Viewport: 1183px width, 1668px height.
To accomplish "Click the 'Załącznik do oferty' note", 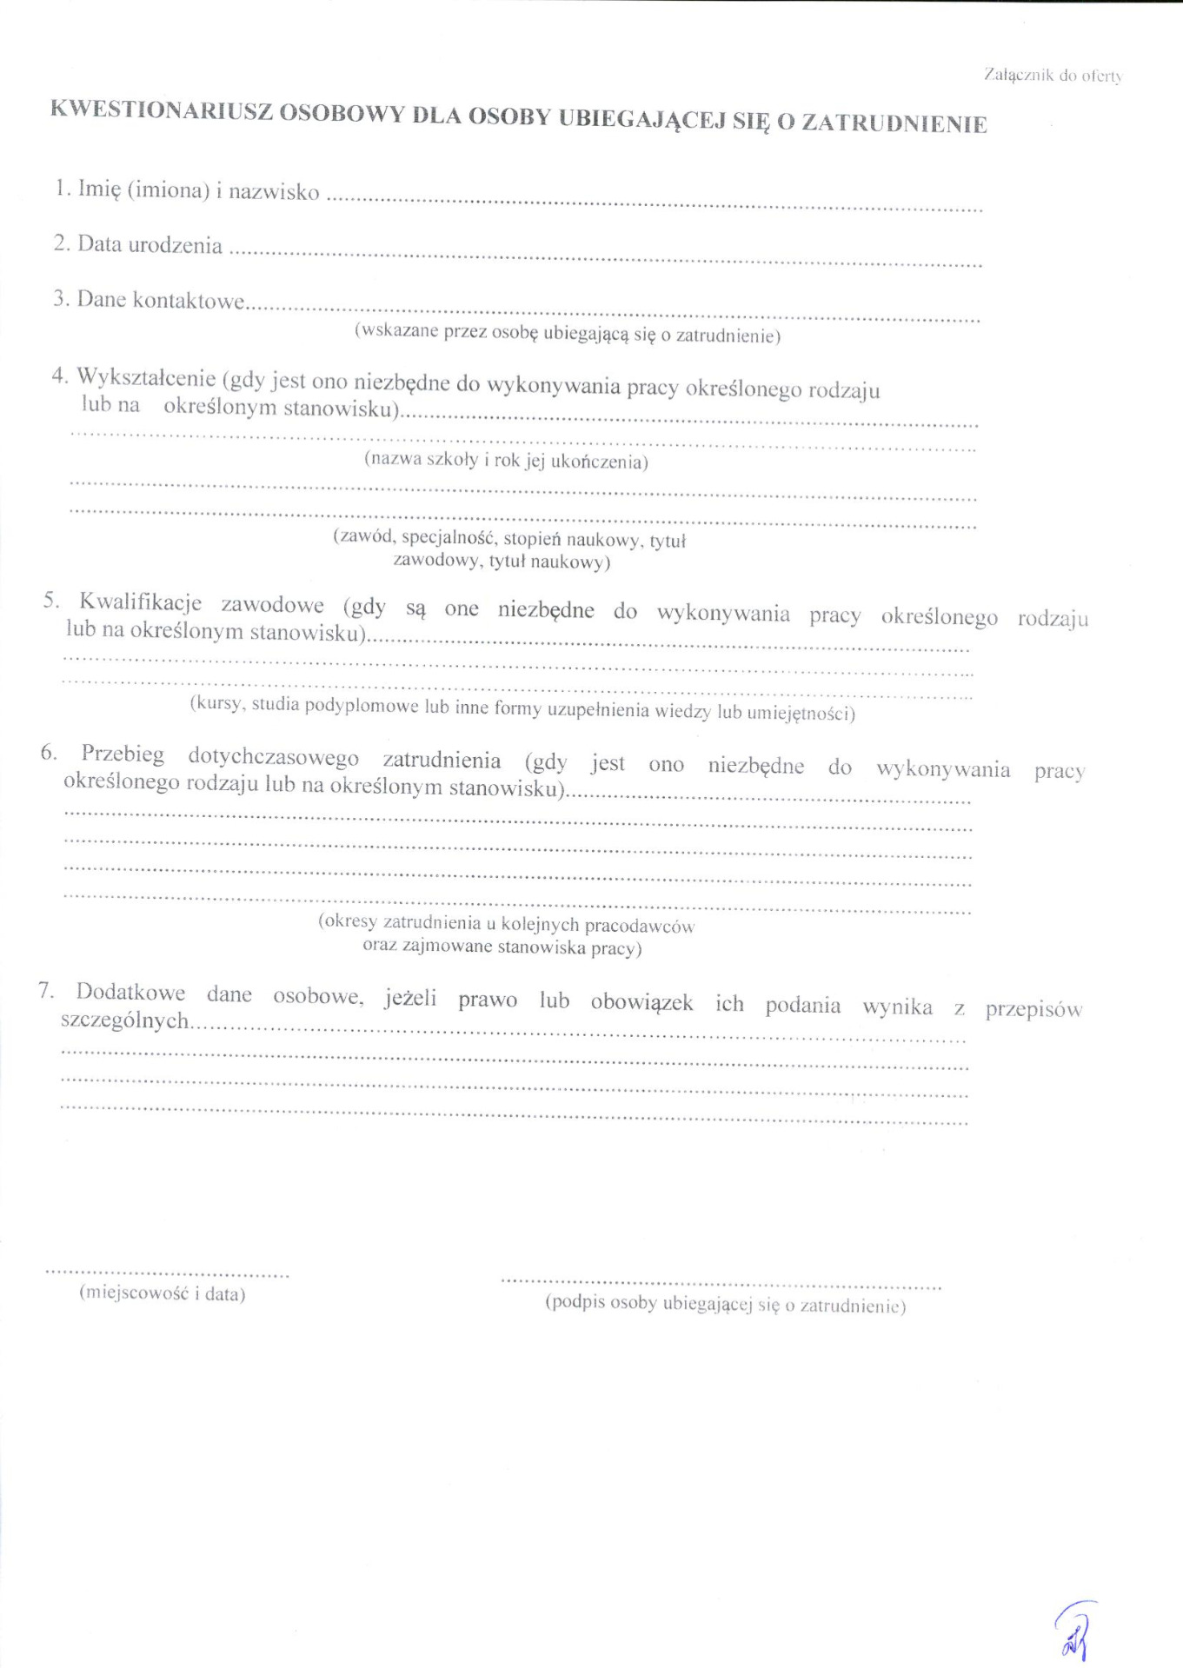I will pyautogui.click(x=1053, y=76).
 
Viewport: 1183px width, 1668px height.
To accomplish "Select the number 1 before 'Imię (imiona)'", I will pyautogui.click(x=60, y=188).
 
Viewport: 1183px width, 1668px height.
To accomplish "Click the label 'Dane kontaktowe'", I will pyautogui.click(x=161, y=300).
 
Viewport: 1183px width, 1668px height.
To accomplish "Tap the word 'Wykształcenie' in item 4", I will pyautogui.click(x=146, y=378).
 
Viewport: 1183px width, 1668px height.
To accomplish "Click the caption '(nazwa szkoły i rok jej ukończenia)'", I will pyautogui.click(x=506, y=460).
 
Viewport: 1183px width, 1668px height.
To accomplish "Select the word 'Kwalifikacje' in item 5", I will pyautogui.click(x=140, y=602).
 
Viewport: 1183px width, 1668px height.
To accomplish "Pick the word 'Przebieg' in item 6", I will pyautogui.click(x=123, y=754).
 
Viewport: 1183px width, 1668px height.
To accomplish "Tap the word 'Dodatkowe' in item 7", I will pyautogui.click(x=130, y=992).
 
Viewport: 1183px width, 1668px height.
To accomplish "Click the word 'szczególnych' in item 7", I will pyautogui.click(x=124, y=1020).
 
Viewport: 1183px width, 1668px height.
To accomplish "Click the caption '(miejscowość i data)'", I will pyautogui.click(x=163, y=1293).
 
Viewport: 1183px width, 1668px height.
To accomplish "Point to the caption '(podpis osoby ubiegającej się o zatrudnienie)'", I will pyautogui.click(x=725, y=1304).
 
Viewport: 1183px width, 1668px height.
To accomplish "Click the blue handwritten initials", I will pyautogui.click(x=1075, y=1633).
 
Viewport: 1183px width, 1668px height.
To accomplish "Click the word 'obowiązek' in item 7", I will pyautogui.click(x=641, y=1002).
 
